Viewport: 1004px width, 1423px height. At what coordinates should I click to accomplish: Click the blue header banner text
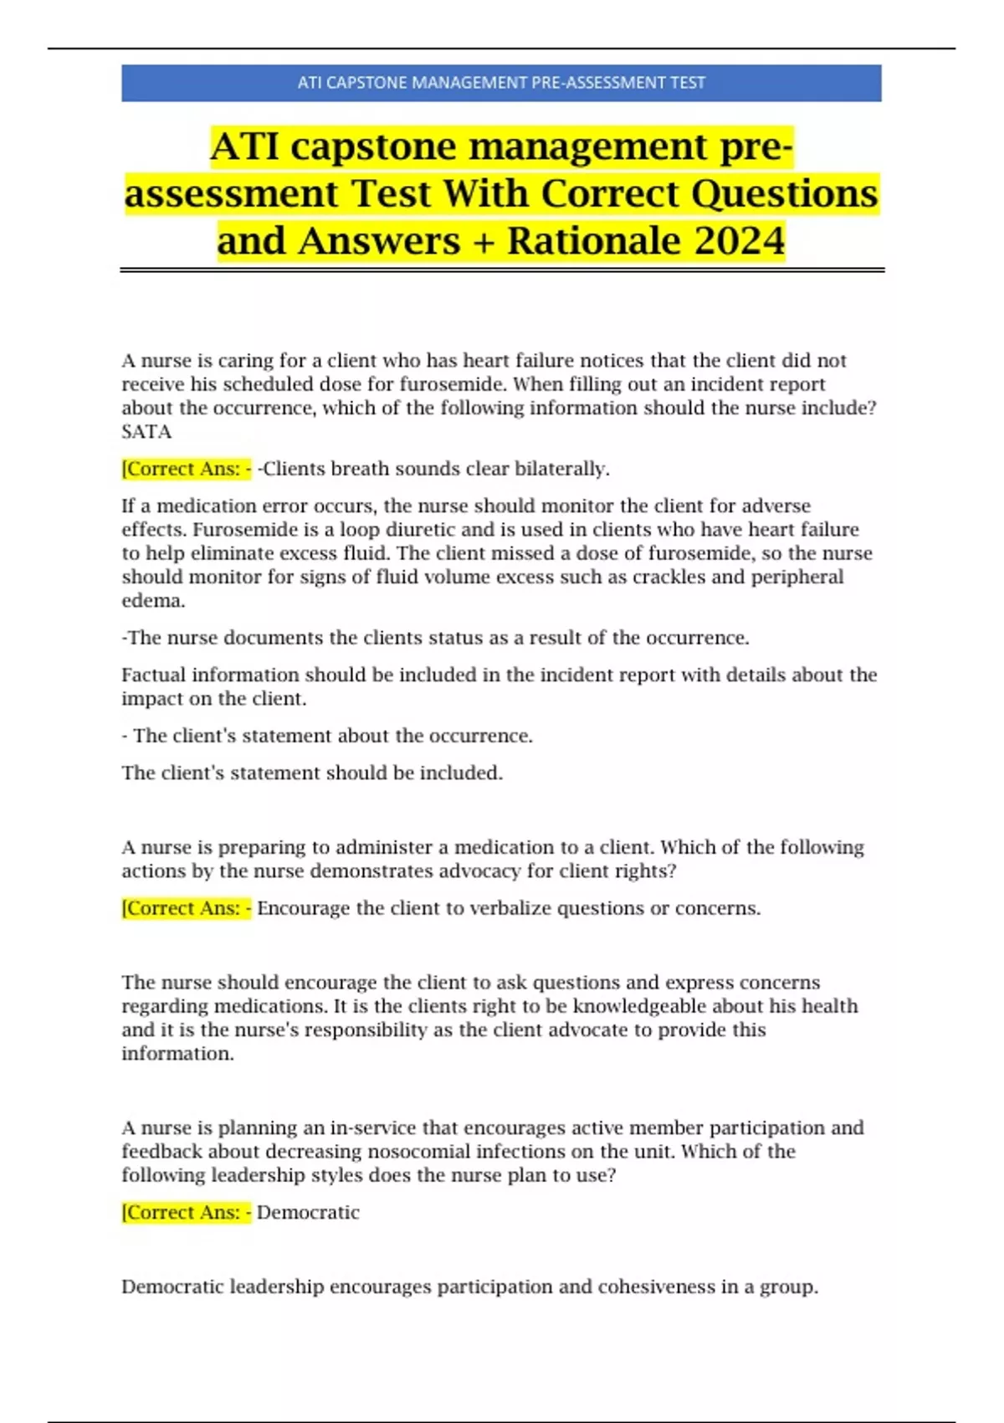point(501,83)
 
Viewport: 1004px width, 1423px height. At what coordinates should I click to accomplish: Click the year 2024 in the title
point(739,241)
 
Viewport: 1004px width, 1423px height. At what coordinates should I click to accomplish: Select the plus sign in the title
point(483,242)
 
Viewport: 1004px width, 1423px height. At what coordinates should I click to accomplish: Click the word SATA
point(146,432)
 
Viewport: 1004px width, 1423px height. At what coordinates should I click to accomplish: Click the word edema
point(153,601)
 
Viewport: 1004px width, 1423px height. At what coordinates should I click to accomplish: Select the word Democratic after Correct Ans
point(308,1213)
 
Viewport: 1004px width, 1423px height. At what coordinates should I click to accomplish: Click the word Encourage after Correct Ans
point(303,909)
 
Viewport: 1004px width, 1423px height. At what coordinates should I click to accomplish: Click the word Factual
point(154,675)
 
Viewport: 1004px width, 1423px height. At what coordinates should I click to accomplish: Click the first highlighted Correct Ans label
point(186,469)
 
